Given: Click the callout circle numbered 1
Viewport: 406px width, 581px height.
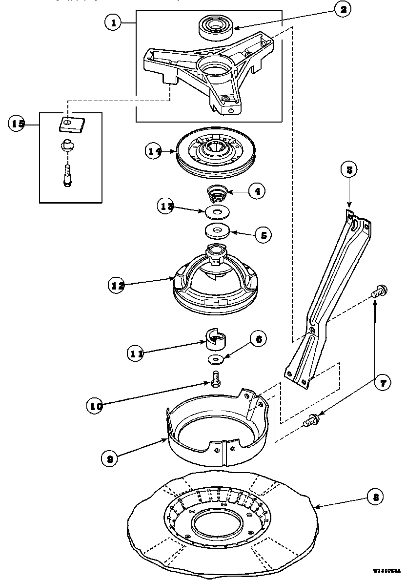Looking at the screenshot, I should pyautogui.click(x=113, y=22).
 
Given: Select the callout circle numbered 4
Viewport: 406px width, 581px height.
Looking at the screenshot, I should pyautogui.click(x=256, y=191).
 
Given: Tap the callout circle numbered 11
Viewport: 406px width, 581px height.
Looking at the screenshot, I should pyautogui.click(x=136, y=353).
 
